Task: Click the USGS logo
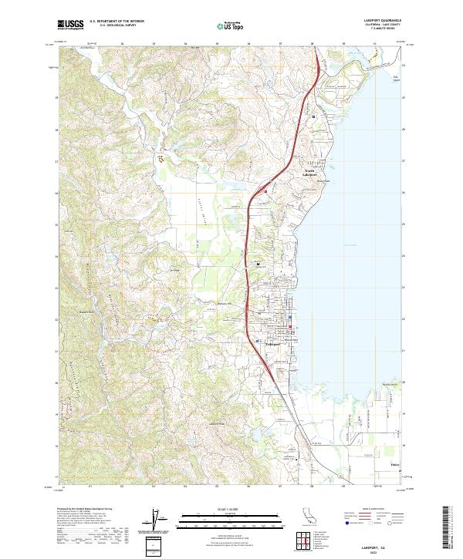pos(71,25)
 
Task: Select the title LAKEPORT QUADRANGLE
pos(380,18)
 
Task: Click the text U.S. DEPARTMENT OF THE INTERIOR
pos(117,22)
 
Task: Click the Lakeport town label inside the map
pos(275,342)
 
